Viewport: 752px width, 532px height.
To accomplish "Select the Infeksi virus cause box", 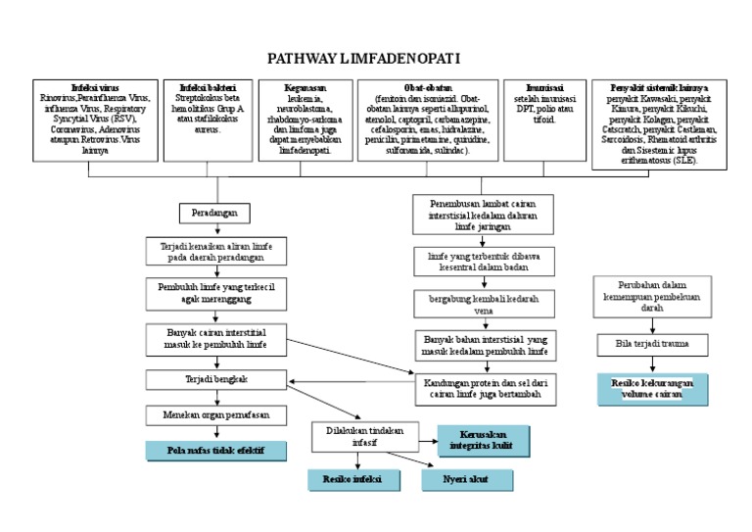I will (96, 120).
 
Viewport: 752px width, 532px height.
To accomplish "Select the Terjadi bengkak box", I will (216, 379).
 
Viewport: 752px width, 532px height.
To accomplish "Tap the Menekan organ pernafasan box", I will (216, 415).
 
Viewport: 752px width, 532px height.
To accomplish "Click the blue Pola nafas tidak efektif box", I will (217, 451).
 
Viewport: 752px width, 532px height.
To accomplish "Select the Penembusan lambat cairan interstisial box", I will (484, 214).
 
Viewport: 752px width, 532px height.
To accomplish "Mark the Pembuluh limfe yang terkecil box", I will (216, 293).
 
